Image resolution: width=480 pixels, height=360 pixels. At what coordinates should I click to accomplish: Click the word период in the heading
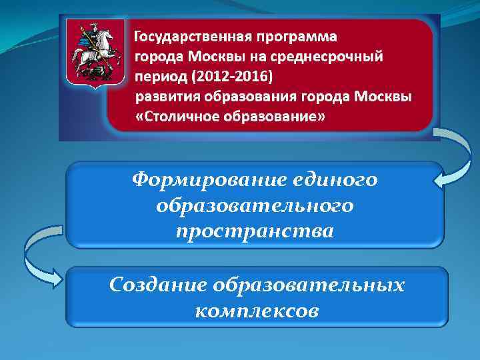coord(161,77)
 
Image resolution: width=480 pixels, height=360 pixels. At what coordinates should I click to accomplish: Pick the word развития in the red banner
coord(164,97)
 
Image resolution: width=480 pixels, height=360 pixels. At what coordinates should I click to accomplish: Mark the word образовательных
coord(309,285)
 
